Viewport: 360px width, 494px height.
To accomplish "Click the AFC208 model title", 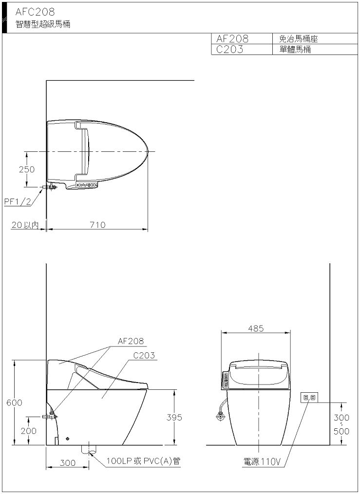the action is tap(35, 12).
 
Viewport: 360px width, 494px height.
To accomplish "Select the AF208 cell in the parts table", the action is tap(232, 39).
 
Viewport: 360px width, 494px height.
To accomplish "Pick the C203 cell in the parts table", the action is tap(230, 50).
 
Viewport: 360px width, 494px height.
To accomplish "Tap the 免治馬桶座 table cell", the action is tap(298, 39).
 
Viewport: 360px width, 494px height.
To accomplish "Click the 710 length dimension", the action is tap(97, 225).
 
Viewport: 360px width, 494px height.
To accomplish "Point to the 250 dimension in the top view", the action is tap(27, 169).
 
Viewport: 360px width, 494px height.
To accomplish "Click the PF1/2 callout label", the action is tap(18, 201).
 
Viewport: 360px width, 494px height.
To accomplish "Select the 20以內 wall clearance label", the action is tap(25, 225).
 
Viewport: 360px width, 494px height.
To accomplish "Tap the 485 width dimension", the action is tap(256, 329).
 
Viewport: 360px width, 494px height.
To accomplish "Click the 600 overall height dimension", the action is tap(15, 403).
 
